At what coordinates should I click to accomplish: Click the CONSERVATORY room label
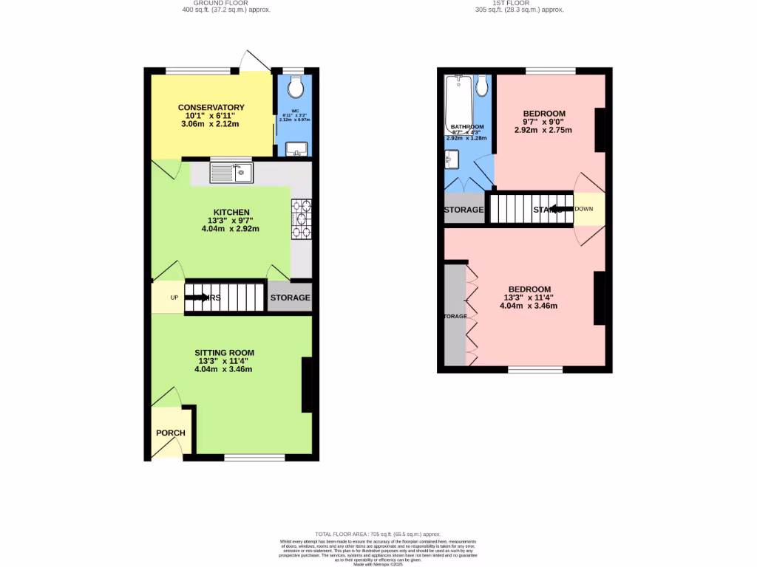pyautogui.click(x=211, y=108)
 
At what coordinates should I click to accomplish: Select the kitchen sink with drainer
pyautogui.click(x=231, y=173)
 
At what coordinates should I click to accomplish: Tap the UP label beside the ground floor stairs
pyautogui.click(x=175, y=298)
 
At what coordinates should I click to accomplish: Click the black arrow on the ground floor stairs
pyautogui.click(x=197, y=298)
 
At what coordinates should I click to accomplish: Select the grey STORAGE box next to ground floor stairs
pyautogui.click(x=290, y=298)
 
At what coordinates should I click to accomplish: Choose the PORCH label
pyautogui.click(x=170, y=433)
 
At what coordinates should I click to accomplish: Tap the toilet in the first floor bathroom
pyautogui.click(x=482, y=87)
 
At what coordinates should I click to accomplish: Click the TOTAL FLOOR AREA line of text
pyautogui.click(x=378, y=534)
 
